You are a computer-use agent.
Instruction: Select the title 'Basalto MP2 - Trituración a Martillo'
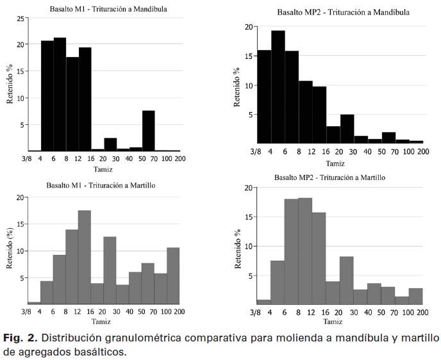(x=329, y=177)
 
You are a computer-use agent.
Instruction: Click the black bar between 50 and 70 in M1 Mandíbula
(x=147, y=131)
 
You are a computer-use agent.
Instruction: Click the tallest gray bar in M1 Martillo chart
(x=85, y=257)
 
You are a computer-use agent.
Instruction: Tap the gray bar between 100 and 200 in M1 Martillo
(x=173, y=275)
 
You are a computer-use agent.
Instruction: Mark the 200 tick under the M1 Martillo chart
(x=179, y=311)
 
